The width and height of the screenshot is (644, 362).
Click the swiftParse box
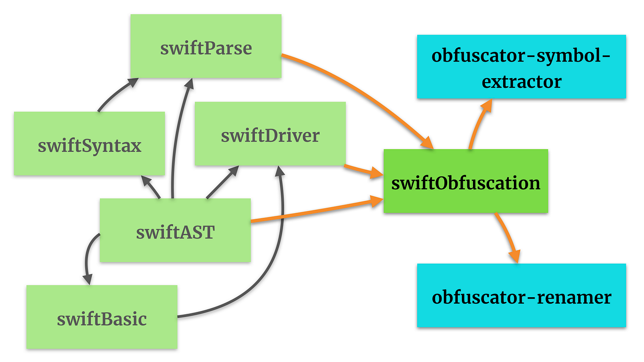(x=206, y=46)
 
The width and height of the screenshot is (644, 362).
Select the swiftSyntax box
(x=89, y=144)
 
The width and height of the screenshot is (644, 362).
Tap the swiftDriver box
(x=270, y=134)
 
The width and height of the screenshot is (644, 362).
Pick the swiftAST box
(x=175, y=231)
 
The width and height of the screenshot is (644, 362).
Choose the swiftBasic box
(x=102, y=317)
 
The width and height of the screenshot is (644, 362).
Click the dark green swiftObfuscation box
(x=466, y=181)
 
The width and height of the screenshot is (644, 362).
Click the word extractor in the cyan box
(x=521, y=81)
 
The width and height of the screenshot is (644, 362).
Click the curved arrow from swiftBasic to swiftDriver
(x=271, y=266)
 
